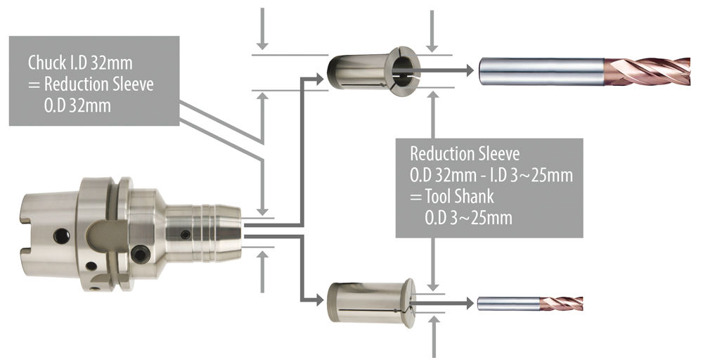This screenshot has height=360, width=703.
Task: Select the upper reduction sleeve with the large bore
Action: tap(373, 70)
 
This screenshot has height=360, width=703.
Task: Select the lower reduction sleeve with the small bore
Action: tap(371, 302)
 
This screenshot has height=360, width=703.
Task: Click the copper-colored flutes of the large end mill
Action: tap(647, 71)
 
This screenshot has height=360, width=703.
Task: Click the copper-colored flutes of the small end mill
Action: tap(561, 304)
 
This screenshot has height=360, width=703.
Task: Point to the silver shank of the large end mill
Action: tap(541, 71)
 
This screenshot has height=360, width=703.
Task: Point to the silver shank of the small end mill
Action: tap(508, 304)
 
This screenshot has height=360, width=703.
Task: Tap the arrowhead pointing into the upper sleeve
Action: tap(320, 79)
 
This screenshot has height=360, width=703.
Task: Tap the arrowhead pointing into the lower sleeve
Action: tap(320, 300)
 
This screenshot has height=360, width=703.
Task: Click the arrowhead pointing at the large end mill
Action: tap(470, 70)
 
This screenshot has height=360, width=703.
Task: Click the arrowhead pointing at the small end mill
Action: tap(470, 303)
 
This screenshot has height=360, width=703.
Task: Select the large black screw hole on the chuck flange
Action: tap(140, 255)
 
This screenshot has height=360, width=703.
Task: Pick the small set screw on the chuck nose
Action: tap(185, 234)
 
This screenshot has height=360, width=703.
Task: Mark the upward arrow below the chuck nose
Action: tap(263, 272)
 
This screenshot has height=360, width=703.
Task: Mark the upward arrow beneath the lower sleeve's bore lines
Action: tap(433, 337)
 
